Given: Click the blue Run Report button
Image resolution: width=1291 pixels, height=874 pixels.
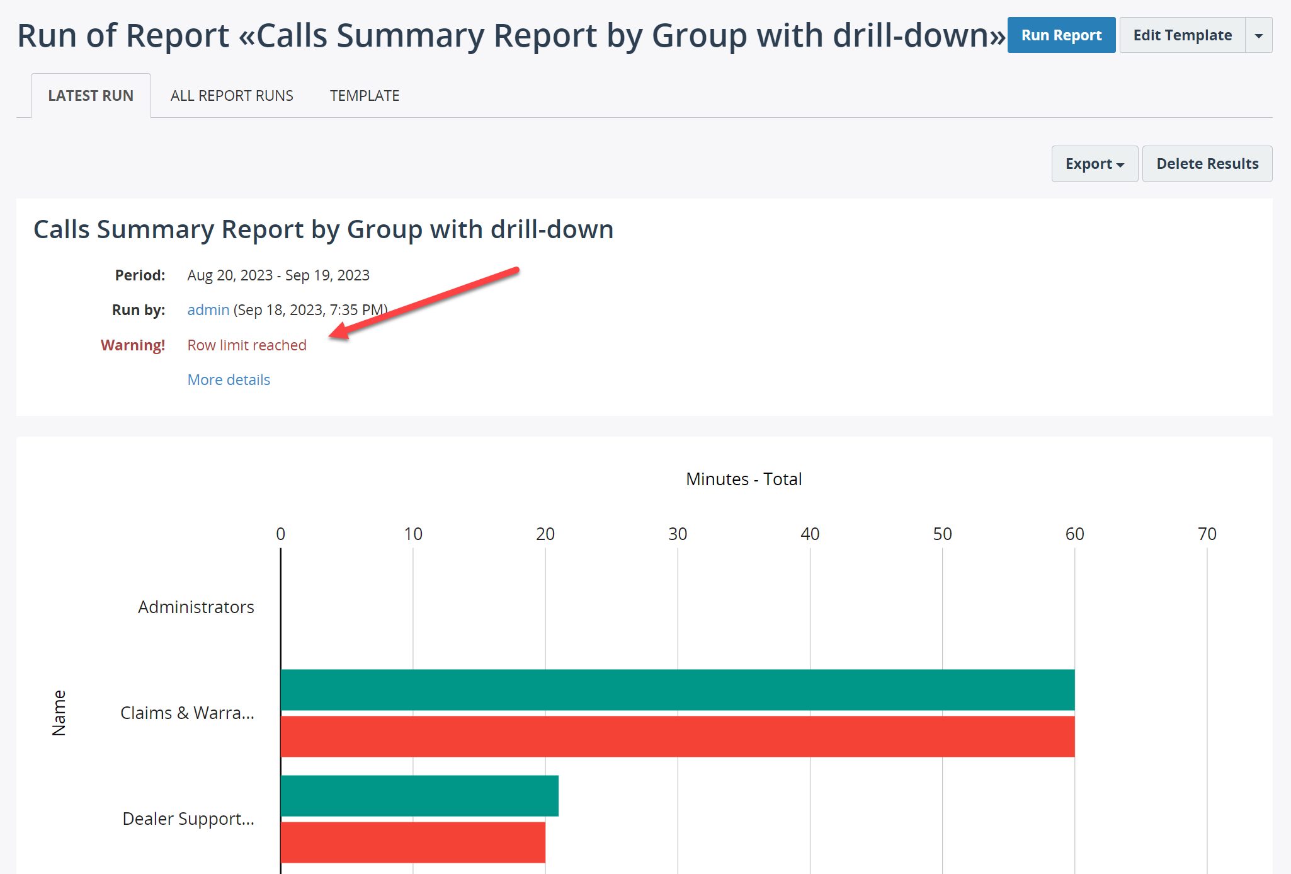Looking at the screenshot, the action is point(1061,35).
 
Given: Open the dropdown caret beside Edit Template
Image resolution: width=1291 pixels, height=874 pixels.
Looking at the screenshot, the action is point(1259,35).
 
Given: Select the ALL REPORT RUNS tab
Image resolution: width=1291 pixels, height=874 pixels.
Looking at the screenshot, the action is point(232,96).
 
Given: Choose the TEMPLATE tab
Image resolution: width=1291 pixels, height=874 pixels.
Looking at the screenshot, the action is point(365,96).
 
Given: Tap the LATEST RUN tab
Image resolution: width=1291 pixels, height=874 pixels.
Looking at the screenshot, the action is point(91,96).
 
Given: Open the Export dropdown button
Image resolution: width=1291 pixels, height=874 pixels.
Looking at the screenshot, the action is point(1095,164).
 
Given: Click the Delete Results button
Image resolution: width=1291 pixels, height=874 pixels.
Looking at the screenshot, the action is point(1207,164).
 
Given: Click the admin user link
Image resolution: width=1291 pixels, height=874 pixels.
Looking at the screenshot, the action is point(208,310).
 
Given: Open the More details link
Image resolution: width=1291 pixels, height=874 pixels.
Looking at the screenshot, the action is point(229,380).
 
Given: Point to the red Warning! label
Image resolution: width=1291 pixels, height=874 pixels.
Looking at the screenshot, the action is point(133,345).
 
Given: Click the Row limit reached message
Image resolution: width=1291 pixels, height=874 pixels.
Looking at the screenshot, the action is point(247,345).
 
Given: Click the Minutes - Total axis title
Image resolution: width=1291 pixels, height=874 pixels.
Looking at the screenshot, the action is point(744,480).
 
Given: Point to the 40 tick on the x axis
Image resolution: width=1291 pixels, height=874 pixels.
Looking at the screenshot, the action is point(810,534).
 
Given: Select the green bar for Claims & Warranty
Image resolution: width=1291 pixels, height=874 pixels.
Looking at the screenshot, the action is point(678,690).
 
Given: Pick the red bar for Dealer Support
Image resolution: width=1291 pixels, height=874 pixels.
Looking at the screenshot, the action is point(413,842).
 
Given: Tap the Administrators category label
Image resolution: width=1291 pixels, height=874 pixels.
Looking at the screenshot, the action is point(196,607).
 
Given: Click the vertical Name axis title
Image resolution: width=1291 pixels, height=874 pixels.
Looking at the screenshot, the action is point(59,713).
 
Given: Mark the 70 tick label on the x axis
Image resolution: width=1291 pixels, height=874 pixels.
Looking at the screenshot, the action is point(1207,534).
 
